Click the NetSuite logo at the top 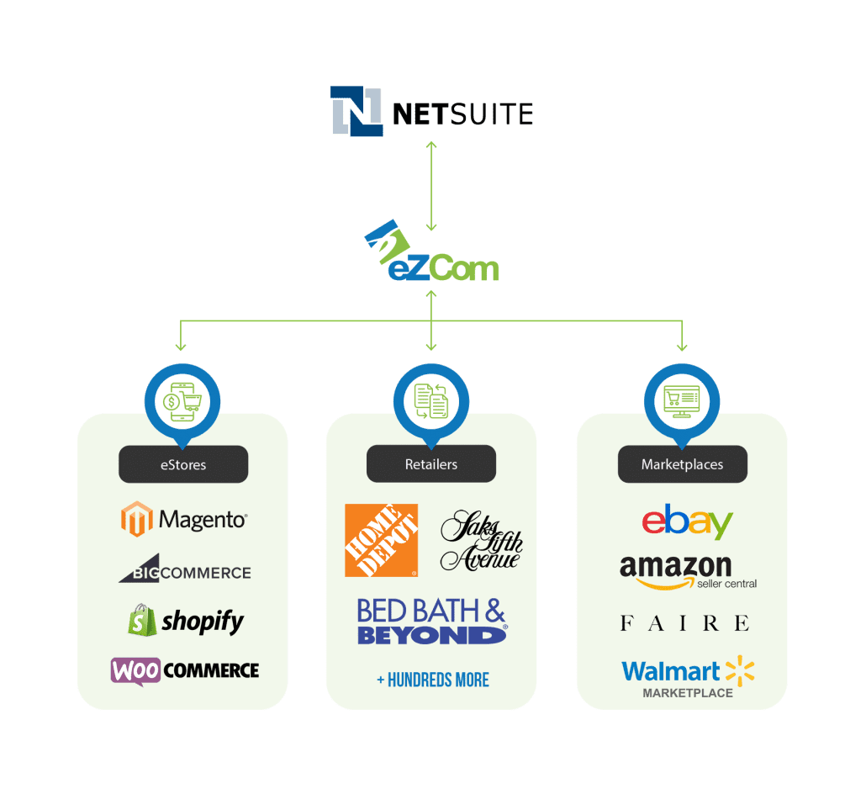click(x=431, y=112)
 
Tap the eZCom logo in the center click(x=432, y=257)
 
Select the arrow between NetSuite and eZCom click(x=431, y=186)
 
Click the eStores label click(x=182, y=464)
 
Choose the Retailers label click(x=431, y=464)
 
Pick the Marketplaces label click(x=682, y=464)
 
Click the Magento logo click(x=183, y=520)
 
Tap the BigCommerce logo click(x=184, y=570)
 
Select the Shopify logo click(x=185, y=622)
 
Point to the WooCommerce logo click(x=184, y=670)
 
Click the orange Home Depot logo click(x=381, y=540)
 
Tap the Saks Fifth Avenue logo click(x=481, y=540)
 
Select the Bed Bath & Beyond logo click(x=432, y=622)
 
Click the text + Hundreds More click(x=432, y=680)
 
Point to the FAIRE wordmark click(x=684, y=623)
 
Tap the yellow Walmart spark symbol click(x=740, y=670)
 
